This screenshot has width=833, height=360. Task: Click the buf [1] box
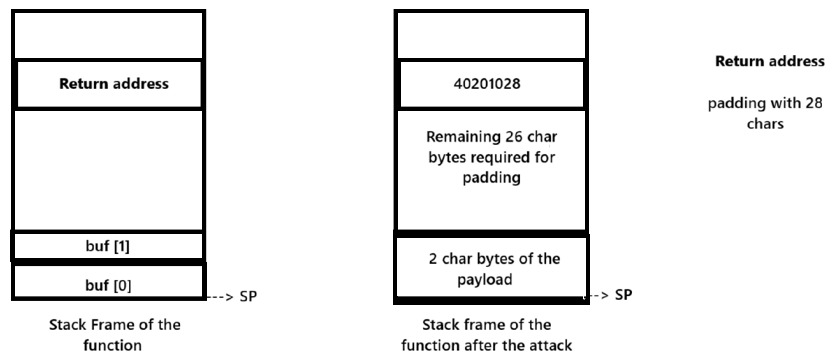point(108,246)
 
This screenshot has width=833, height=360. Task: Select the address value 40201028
point(487,84)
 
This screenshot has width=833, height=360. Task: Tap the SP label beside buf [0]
point(248,296)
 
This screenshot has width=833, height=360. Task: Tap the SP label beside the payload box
point(623,295)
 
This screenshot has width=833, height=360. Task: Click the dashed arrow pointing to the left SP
point(220,296)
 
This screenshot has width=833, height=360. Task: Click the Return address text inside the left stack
point(114,84)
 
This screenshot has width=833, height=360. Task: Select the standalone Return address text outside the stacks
point(770,61)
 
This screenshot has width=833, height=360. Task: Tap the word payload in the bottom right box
point(484,279)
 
